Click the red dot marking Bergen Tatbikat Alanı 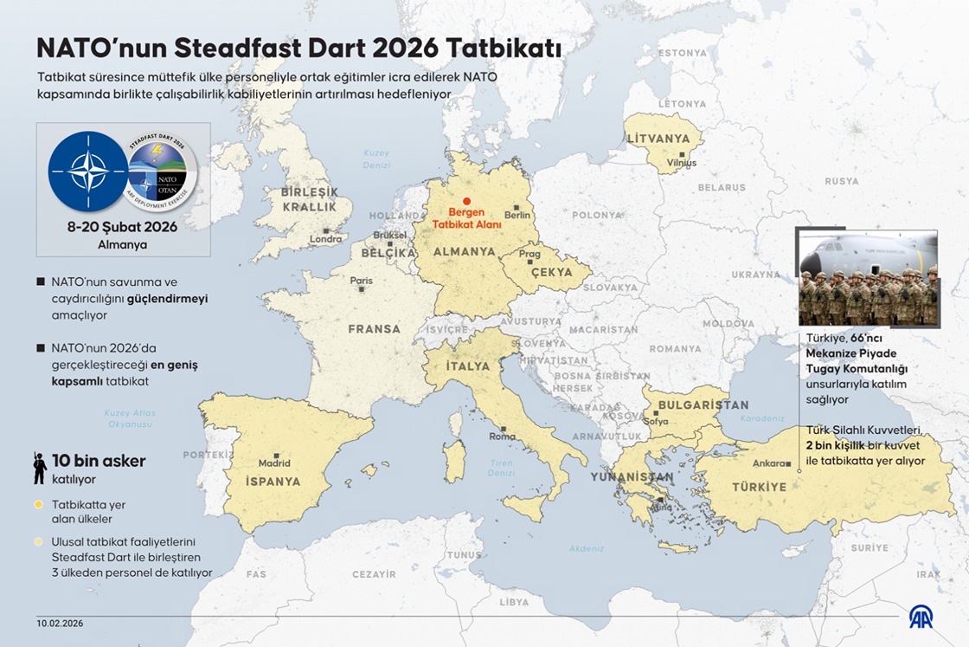click(x=466, y=201)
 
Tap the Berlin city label click(x=517, y=215)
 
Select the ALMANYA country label click(x=464, y=252)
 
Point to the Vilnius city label click(x=681, y=163)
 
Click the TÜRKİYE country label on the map click(x=759, y=487)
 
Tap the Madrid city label click(x=274, y=463)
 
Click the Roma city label click(x=502, y=437)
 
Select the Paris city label click(x=361, y=281)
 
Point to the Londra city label click(x=325, y=239)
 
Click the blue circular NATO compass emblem click(x=88, y=171)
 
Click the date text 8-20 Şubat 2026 click(x=122, y=227)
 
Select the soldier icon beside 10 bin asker click(x=40, y=469)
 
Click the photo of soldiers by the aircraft click(x=868, y=277)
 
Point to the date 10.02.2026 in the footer click(x=60, y=623)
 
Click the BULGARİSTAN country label click(x=703, y=404)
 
